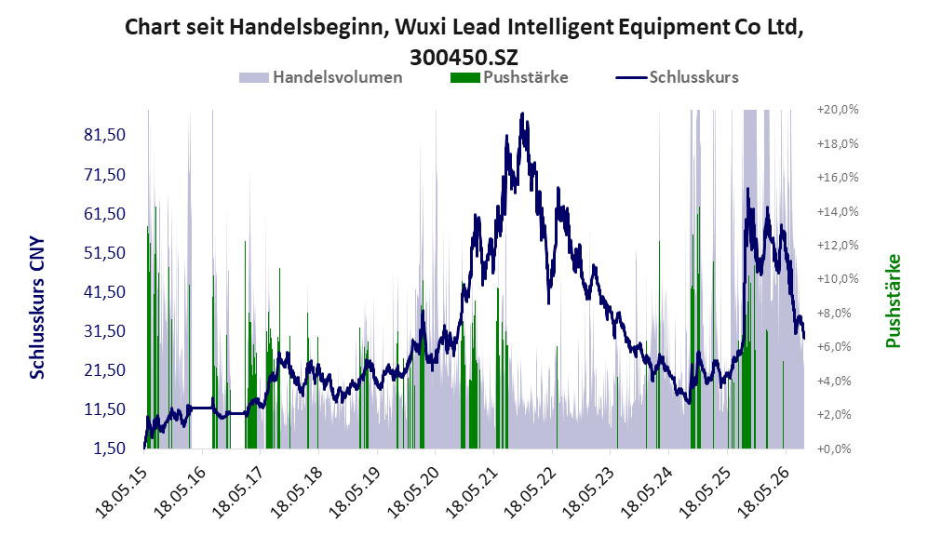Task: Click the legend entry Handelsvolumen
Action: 321,77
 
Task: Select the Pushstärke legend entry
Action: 509,77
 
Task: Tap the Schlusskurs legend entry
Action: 677,77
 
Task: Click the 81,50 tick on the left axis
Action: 105,135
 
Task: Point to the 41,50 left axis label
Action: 105,291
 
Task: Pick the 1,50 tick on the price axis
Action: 110,449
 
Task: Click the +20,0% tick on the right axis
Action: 838,110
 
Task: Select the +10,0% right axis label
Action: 838,278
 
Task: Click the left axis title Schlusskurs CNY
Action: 36,308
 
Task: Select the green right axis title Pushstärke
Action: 893,301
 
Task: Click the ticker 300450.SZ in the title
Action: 464,58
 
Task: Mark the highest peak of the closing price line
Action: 522,114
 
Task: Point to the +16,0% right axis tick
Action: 838,178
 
